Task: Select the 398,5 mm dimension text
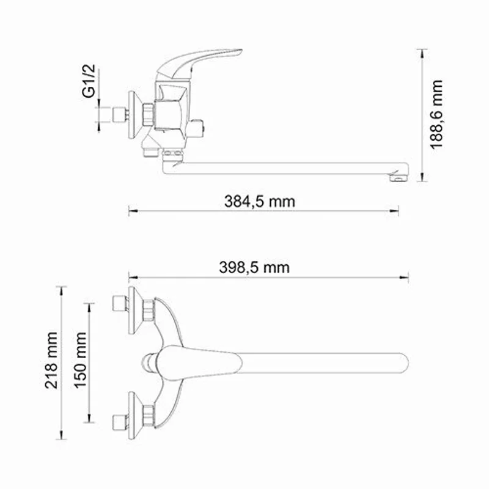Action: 254,267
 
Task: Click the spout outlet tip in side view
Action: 398,177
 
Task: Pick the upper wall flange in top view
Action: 133,309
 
